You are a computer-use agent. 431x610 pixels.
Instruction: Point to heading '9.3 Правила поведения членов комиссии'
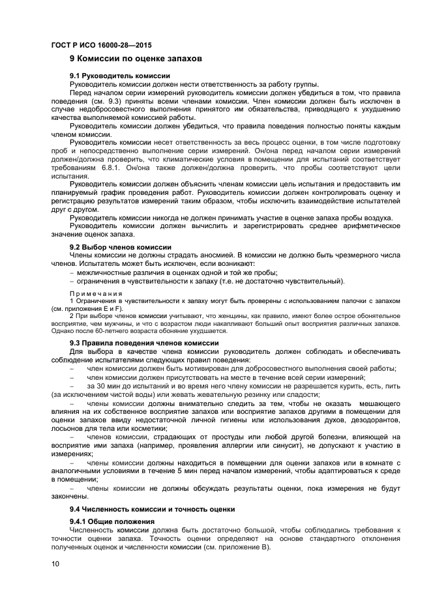click(x=144, y=343)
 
